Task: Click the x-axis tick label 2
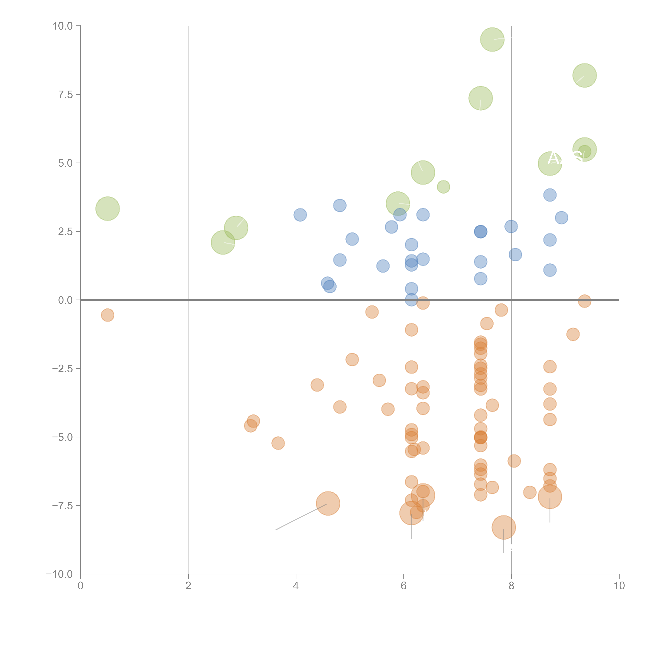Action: [188, 586]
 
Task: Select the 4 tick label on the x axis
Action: [296, 586]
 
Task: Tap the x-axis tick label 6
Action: [404, 586]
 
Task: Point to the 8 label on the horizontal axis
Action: [511, 586]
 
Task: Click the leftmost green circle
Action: [107, 209]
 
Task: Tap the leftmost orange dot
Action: [107, 315]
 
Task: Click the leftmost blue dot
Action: [300, 215]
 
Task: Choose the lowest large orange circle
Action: [504, 527]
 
